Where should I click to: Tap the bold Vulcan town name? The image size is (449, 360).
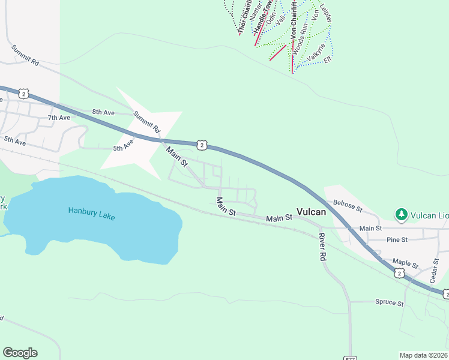click(x=312, y=212)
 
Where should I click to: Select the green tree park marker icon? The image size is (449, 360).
click(x=401, y=214)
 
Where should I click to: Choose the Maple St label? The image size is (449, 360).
click(x=405, y=263)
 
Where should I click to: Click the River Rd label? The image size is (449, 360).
click(x=322, y=246)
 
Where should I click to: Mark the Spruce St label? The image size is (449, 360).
click(x=389, y=302)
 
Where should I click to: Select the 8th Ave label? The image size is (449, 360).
click(x=103, y=112)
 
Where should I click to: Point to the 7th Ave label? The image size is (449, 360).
click(x=59, y=118)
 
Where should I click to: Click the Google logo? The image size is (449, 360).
click(x=20, y=353)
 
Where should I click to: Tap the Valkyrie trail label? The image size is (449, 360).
click(x=316, y=53)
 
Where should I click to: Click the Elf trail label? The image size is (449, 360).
click(x=328, y=60)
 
